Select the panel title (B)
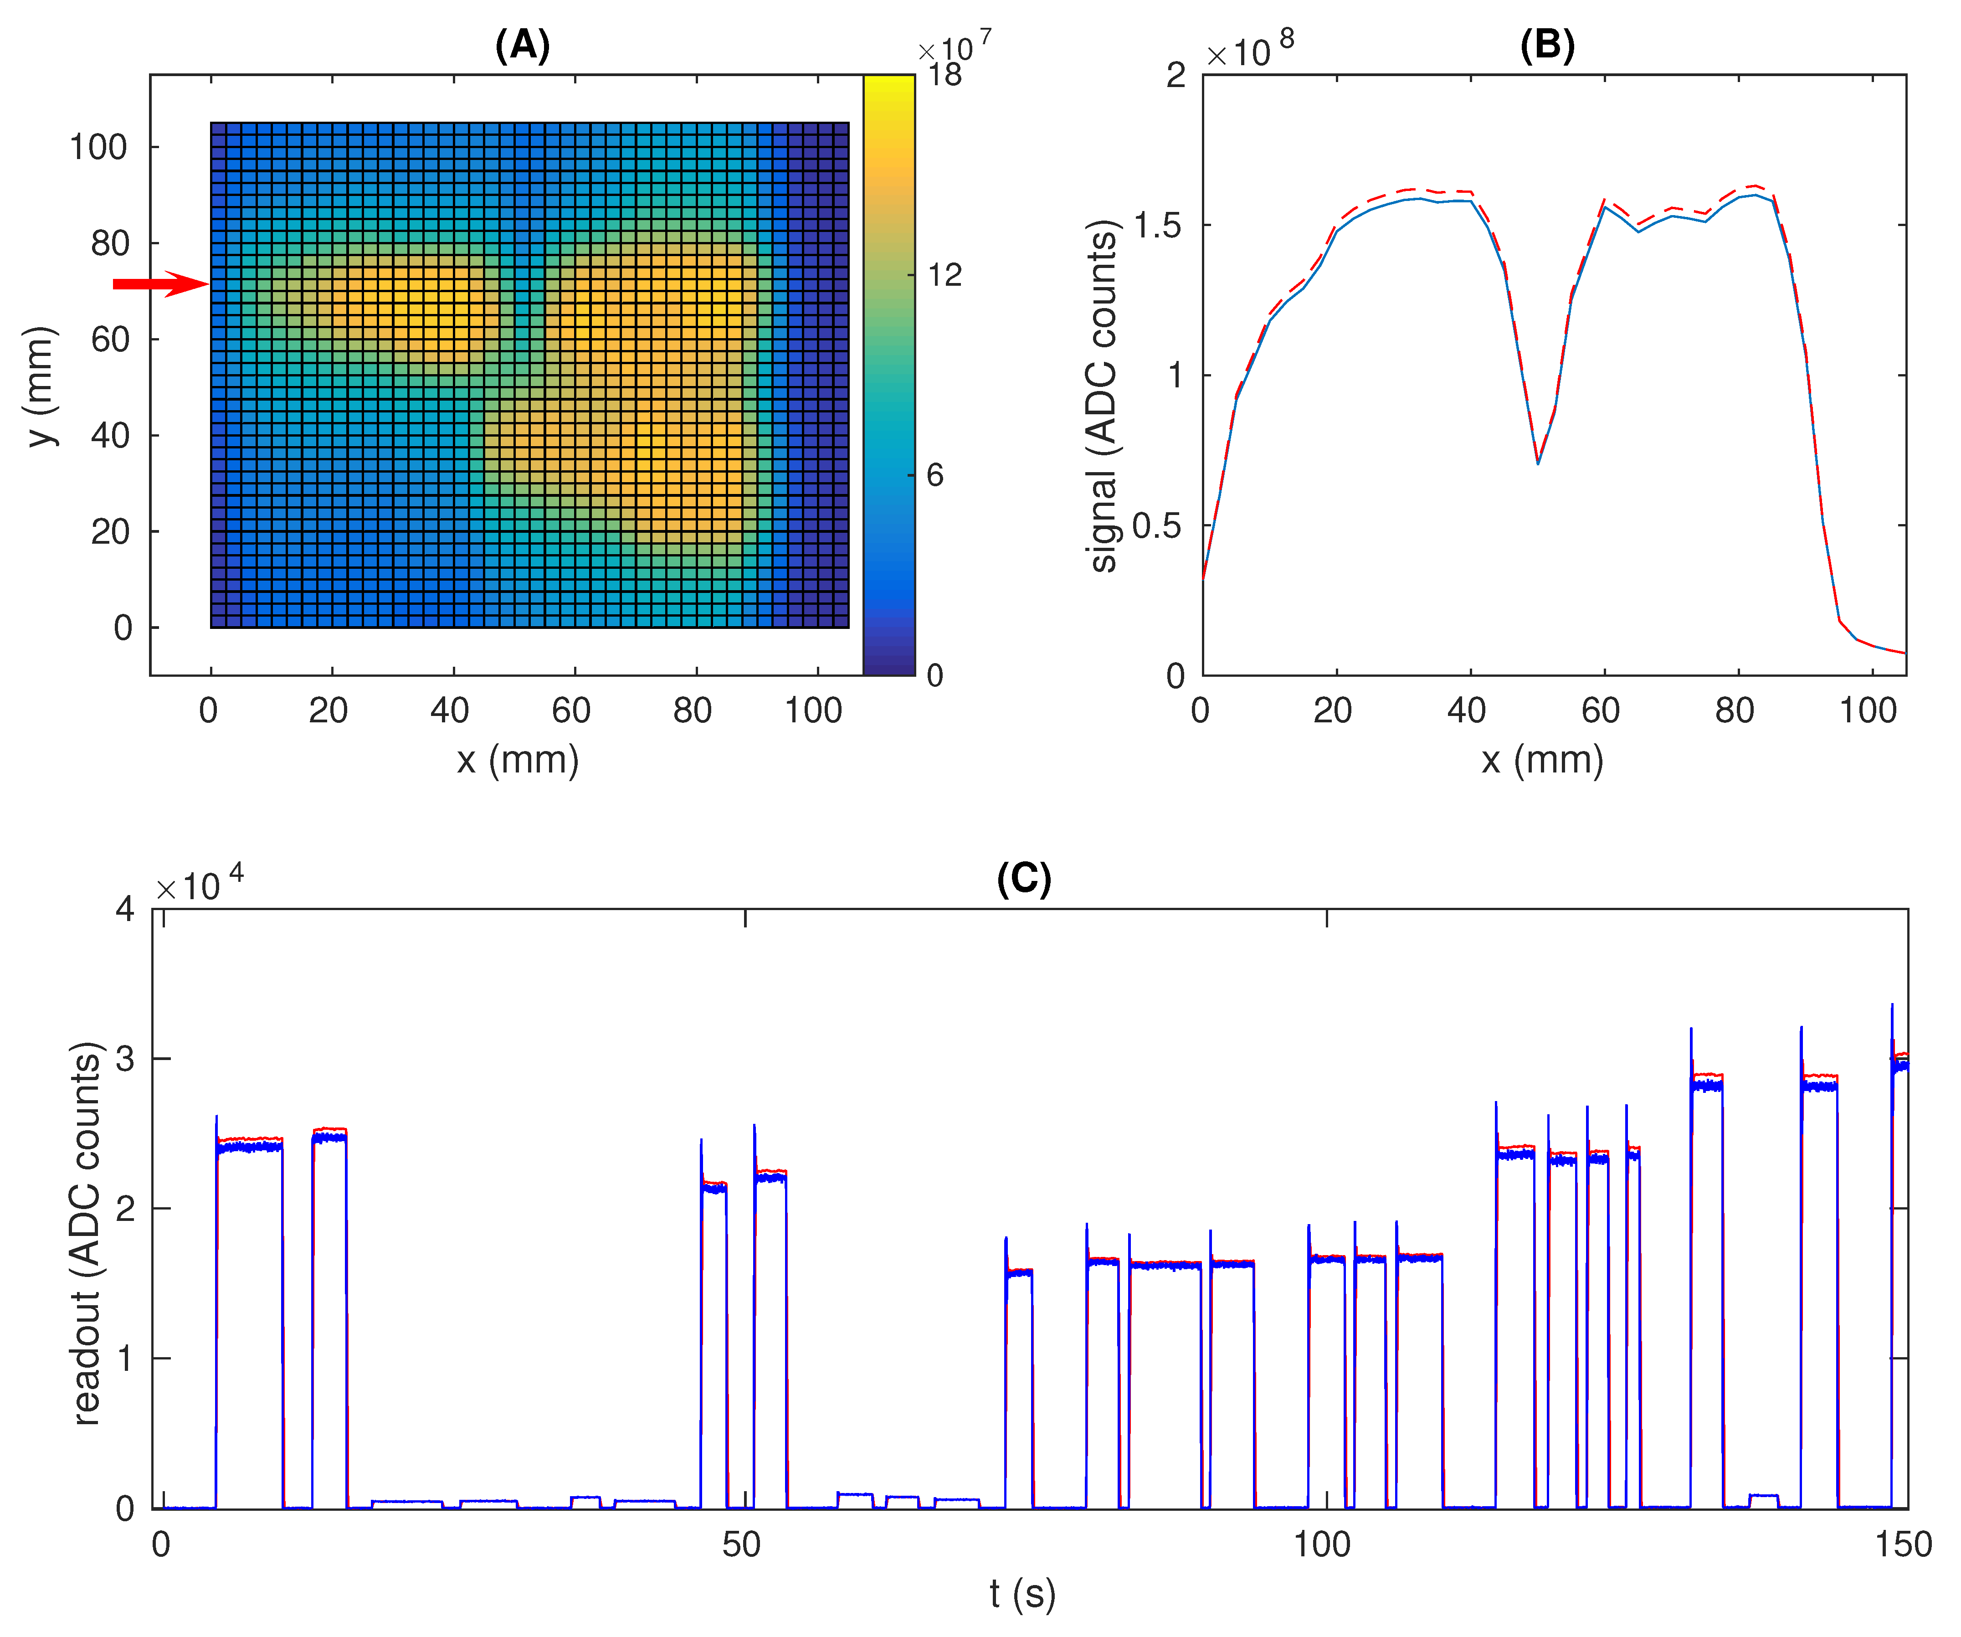point(1547,45)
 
